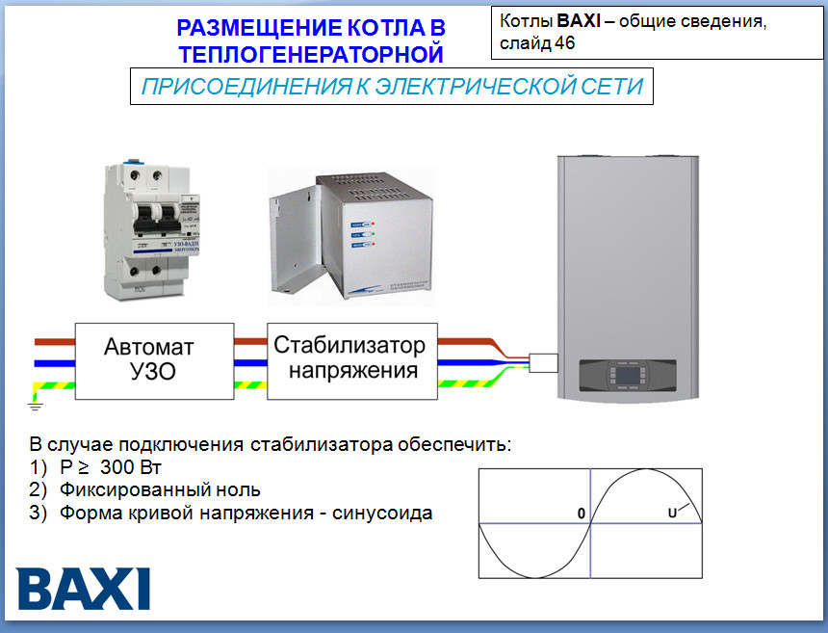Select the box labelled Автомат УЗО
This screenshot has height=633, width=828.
tap(154, 360)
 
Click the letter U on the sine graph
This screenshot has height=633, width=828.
tap(672, 514)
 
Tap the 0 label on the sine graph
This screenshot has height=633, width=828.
tap(581, 514)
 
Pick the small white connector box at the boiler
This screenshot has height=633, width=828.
tap(545, 362)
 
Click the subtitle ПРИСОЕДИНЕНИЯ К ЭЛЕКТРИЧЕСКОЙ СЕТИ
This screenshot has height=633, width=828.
tap(392, 87)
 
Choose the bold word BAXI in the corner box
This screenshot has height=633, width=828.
tap(579, 21)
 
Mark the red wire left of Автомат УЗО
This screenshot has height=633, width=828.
tap(55, 342)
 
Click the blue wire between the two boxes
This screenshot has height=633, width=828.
tap(250, 361)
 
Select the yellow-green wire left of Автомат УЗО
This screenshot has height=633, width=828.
tap(55, 384)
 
